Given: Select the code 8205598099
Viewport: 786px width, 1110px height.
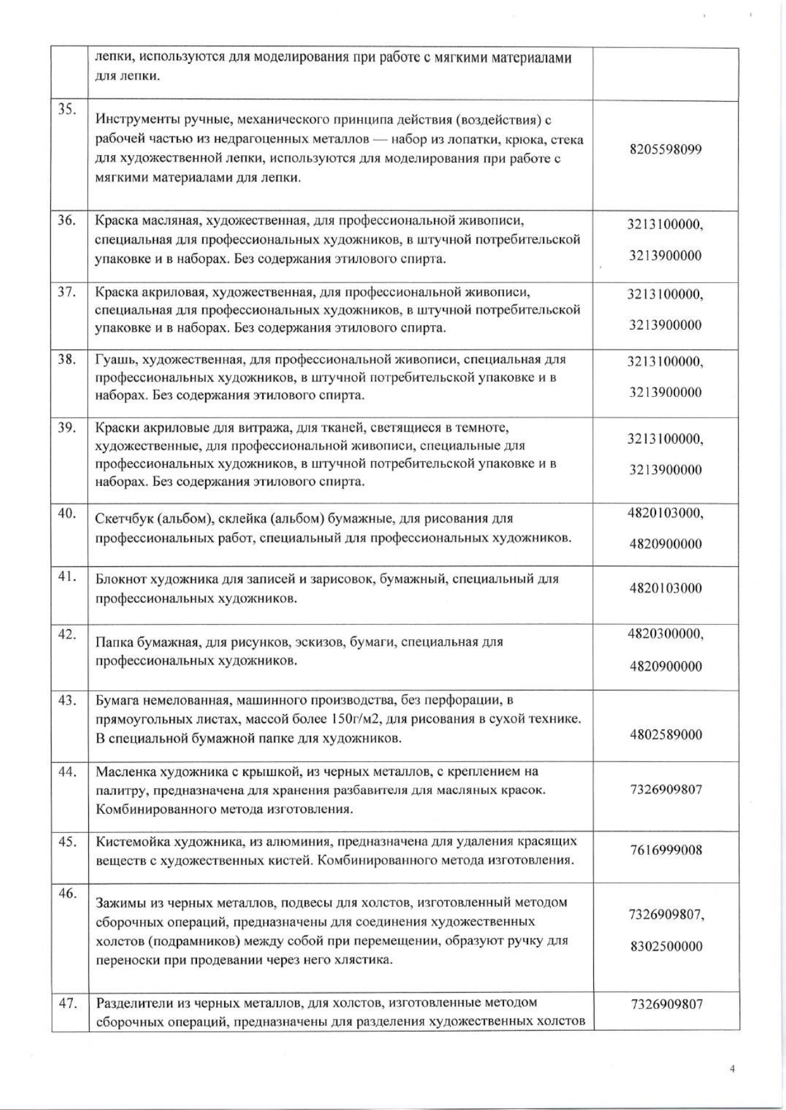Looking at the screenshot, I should (666, 150).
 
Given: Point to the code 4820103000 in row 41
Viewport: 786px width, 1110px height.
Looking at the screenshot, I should (666, 589).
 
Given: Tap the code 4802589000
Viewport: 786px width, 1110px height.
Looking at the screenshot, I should (666, 735).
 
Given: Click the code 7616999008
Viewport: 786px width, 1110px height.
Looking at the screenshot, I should (666, 850).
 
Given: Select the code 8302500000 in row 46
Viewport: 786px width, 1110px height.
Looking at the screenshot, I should (666, 947).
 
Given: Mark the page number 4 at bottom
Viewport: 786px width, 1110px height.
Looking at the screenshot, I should (733, 1069).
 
